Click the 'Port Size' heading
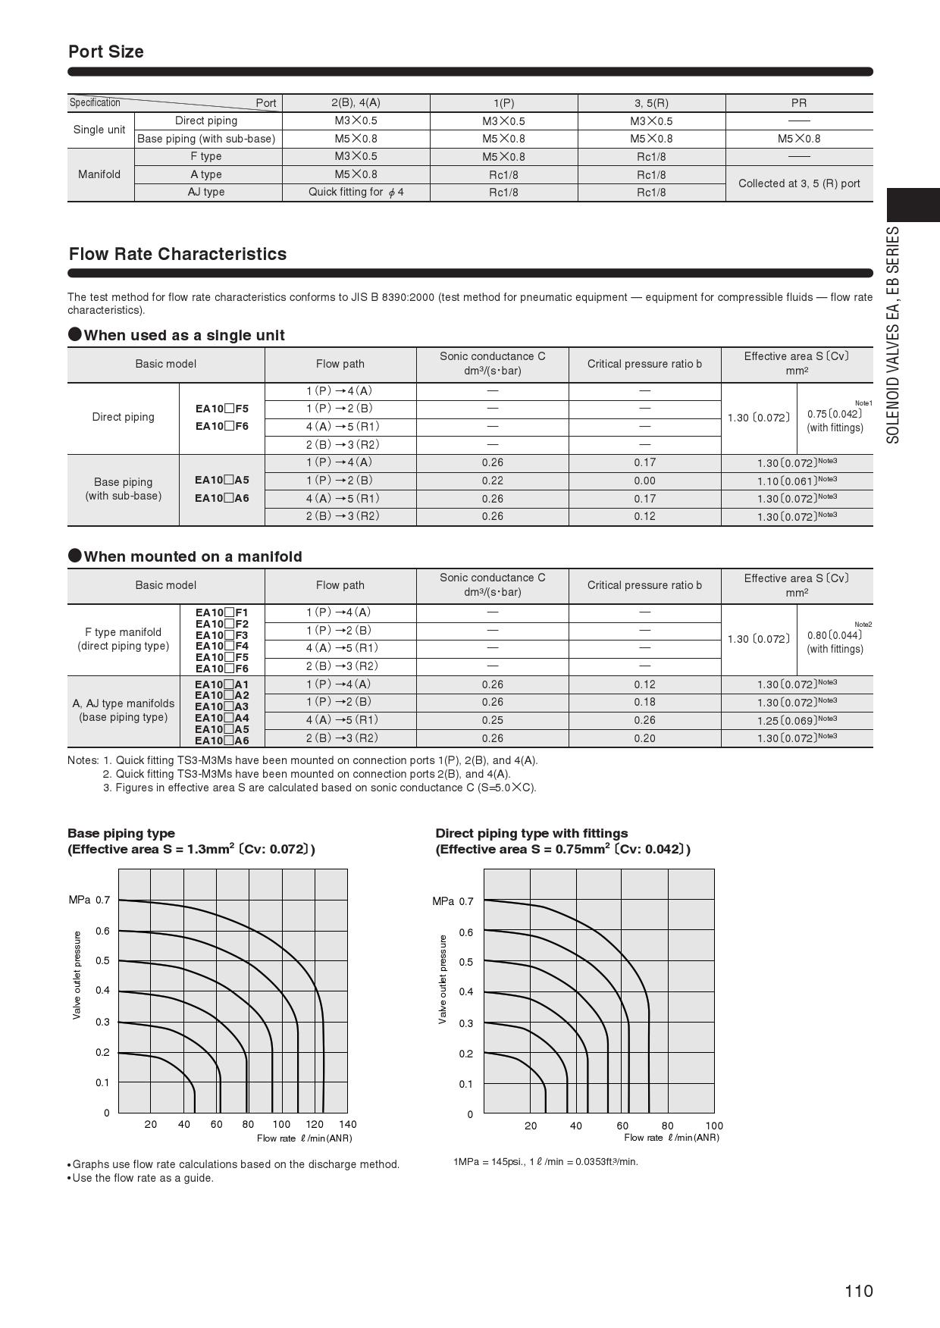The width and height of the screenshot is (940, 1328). [106, 52]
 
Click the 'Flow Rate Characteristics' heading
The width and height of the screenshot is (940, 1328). [177, 254]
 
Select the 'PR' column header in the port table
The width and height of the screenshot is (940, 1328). [798, 103]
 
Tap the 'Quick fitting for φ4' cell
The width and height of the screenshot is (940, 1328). [356, 193]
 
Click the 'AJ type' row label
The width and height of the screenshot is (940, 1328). [206, 193]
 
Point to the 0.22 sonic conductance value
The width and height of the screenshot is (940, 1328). [492, 481]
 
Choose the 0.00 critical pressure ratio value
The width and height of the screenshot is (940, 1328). [644, 481]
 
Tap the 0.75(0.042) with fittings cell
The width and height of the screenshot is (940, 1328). [835, 420]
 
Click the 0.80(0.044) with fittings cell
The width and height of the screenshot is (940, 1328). [835, 641]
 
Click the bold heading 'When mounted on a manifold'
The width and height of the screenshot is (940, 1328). [193, 556]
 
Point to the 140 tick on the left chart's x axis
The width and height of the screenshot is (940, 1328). [347, 1124]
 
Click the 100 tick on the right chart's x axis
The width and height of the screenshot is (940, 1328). [714, 1126]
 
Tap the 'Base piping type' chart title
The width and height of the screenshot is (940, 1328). [121, 833]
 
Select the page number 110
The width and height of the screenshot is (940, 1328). [859, 1291]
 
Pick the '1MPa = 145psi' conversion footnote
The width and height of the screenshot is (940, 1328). [546, 1162]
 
